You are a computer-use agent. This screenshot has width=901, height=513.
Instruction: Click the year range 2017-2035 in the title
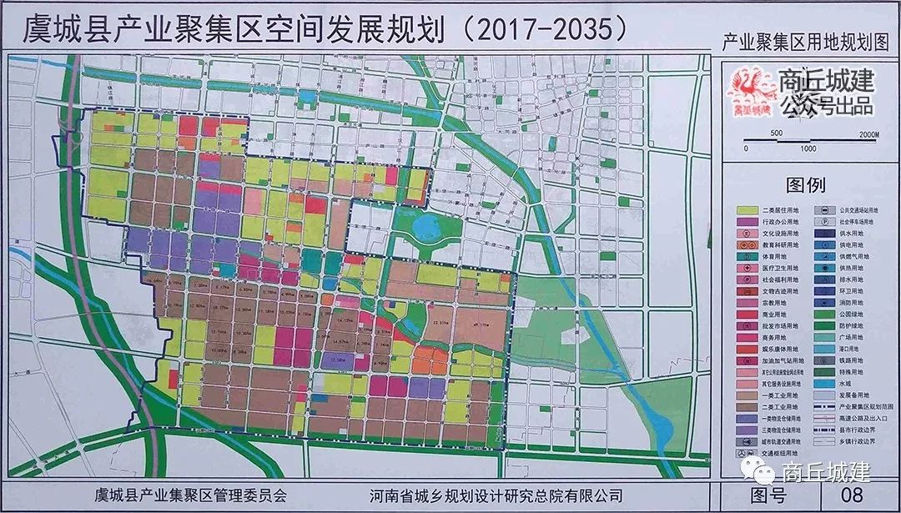(542, 29)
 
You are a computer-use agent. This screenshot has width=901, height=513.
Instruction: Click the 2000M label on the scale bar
(868, 133)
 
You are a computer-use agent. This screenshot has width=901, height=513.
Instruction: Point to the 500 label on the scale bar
(776, 133)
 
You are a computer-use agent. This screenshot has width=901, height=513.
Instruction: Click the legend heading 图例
(805, 184)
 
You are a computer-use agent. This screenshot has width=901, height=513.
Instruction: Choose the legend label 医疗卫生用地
(781, 268)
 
